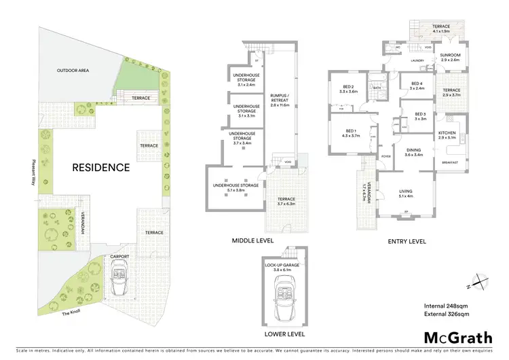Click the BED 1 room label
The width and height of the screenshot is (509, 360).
tap(350, 130)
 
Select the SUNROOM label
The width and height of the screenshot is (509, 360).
tap(450, 55)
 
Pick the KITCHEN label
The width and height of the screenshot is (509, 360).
tap(447, 133)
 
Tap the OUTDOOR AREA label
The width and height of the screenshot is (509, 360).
tap(73, 70)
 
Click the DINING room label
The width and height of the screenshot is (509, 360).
tap(414, 151)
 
